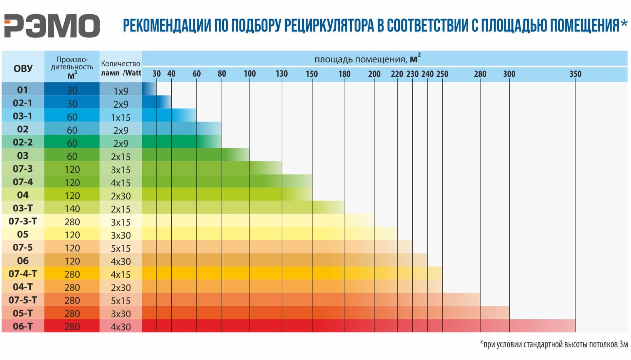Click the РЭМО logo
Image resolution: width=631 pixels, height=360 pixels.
(x=52, y=26)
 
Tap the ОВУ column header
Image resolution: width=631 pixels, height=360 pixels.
(x=23, y=69)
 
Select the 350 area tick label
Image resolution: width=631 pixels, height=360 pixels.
(x=575, y=74)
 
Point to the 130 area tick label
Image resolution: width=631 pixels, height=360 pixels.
(x=281, y=74)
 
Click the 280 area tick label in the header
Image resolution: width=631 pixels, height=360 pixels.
(x=480, y=74)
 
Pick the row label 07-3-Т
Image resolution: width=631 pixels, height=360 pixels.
(x=23, y=221)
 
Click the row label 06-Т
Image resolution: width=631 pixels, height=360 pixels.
(x=23, y=327)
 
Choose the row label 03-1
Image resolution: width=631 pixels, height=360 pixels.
(x=23, y=116)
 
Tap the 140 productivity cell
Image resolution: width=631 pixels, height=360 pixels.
(x=72, y=209)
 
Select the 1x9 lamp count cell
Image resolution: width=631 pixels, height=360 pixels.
(x=121, y=91)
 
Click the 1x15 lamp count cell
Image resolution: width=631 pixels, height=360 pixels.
(x=121, y=117)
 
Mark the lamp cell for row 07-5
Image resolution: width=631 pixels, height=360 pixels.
(x=121, y=248)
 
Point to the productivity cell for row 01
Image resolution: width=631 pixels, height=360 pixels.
(x=72, y=91)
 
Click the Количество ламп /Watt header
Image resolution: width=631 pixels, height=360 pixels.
(x=121, y=68)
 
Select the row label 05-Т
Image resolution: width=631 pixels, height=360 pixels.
(x=23, y=313)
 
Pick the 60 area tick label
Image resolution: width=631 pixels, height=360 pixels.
(x=196, y=74)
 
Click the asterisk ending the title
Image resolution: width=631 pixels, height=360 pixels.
(x=624, y=24)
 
